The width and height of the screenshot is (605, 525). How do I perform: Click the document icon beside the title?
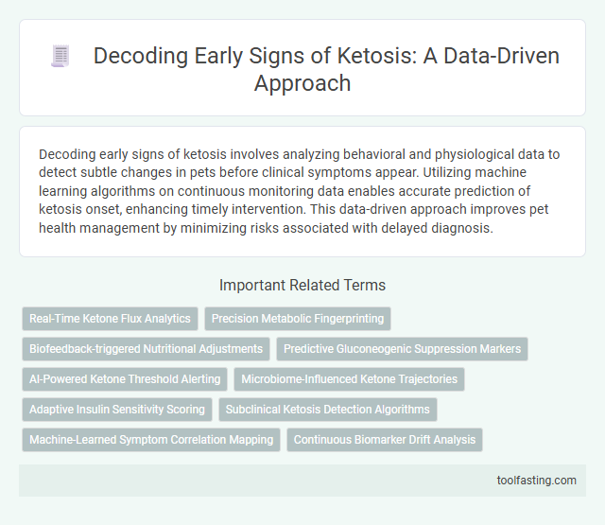[x=60, y=57]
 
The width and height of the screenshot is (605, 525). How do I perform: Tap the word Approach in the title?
[x=302, y=82]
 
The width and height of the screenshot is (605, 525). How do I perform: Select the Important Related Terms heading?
[x=302, y=285]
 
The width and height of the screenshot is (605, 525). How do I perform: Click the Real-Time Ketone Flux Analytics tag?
[x=110, y=319]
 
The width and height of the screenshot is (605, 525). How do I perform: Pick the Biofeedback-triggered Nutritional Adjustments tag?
[x=146, y=349]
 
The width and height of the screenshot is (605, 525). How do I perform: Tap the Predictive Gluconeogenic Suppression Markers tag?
[x=402, y=349]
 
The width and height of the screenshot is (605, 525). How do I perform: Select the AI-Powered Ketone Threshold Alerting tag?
[x=125, y=379]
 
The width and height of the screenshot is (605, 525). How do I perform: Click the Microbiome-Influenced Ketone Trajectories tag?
[x=349, y=379]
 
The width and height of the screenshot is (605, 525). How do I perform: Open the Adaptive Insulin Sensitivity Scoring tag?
[x=117, y=410]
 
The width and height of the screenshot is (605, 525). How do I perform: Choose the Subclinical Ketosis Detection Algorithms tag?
[x=327, y=410]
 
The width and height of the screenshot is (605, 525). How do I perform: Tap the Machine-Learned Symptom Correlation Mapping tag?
[x=151, y=440]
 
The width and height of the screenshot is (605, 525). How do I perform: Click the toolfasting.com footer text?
[x=538, y=481]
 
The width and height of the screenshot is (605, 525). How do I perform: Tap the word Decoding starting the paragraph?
[x=68, y=152]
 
